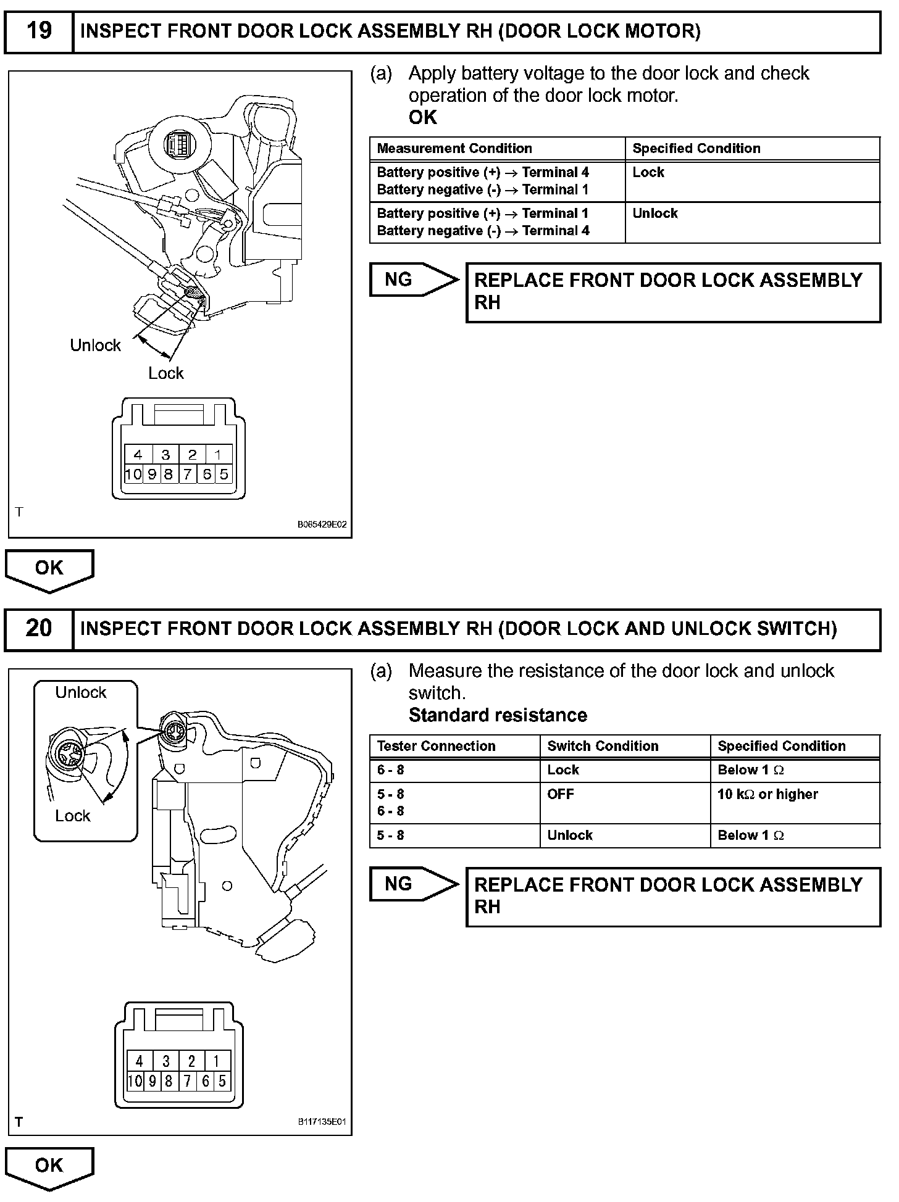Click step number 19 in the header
pos(40,31)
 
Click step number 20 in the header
pos(39,629)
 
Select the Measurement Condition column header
pos(454,149)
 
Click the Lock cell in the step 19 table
pos(648,173)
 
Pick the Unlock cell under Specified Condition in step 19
pos(655,213)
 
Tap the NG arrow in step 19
pos(412,280)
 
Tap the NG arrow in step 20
pos(412,884)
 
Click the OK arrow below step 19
pos(49,569)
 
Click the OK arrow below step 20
pos(49,1166)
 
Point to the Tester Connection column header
pos(436,746)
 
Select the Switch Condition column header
pos(603,746)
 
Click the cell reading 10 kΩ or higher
pos(767,795)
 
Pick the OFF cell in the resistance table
pos(560,795)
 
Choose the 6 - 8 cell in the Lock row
pos(390,770)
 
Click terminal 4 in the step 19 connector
pos(138,455)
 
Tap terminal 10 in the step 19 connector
pos(133,474)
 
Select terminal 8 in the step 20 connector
pos(168,1081)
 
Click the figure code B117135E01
pos(322,1122)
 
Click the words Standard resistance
pos(498,715)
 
